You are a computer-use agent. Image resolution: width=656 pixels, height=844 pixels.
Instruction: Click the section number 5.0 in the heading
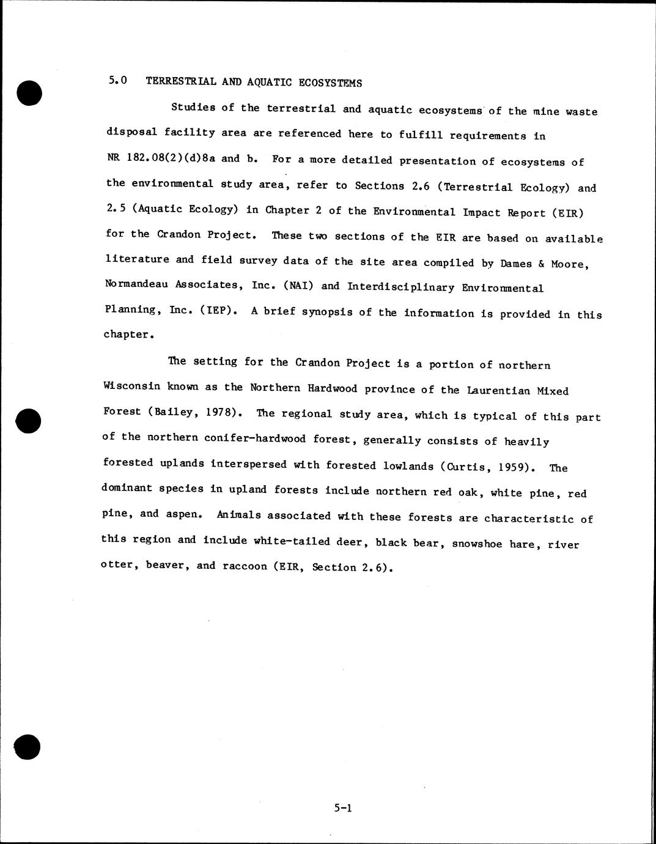[117, 81]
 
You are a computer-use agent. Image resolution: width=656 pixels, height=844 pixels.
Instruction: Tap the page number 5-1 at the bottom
[343, 808]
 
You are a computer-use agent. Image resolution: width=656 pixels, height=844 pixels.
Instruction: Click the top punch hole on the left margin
[29, 93]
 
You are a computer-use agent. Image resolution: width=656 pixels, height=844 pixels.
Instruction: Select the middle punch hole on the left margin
[28, 419]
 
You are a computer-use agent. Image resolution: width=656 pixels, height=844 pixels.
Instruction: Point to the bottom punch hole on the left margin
[28, 747]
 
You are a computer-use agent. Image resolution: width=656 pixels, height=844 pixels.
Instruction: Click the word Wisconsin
[131, 387]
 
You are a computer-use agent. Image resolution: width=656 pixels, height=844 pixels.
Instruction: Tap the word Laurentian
[498, 390]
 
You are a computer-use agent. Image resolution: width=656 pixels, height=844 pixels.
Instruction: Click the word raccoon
[244, 566]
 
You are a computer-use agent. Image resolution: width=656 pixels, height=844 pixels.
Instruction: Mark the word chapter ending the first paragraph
[127, 335]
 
